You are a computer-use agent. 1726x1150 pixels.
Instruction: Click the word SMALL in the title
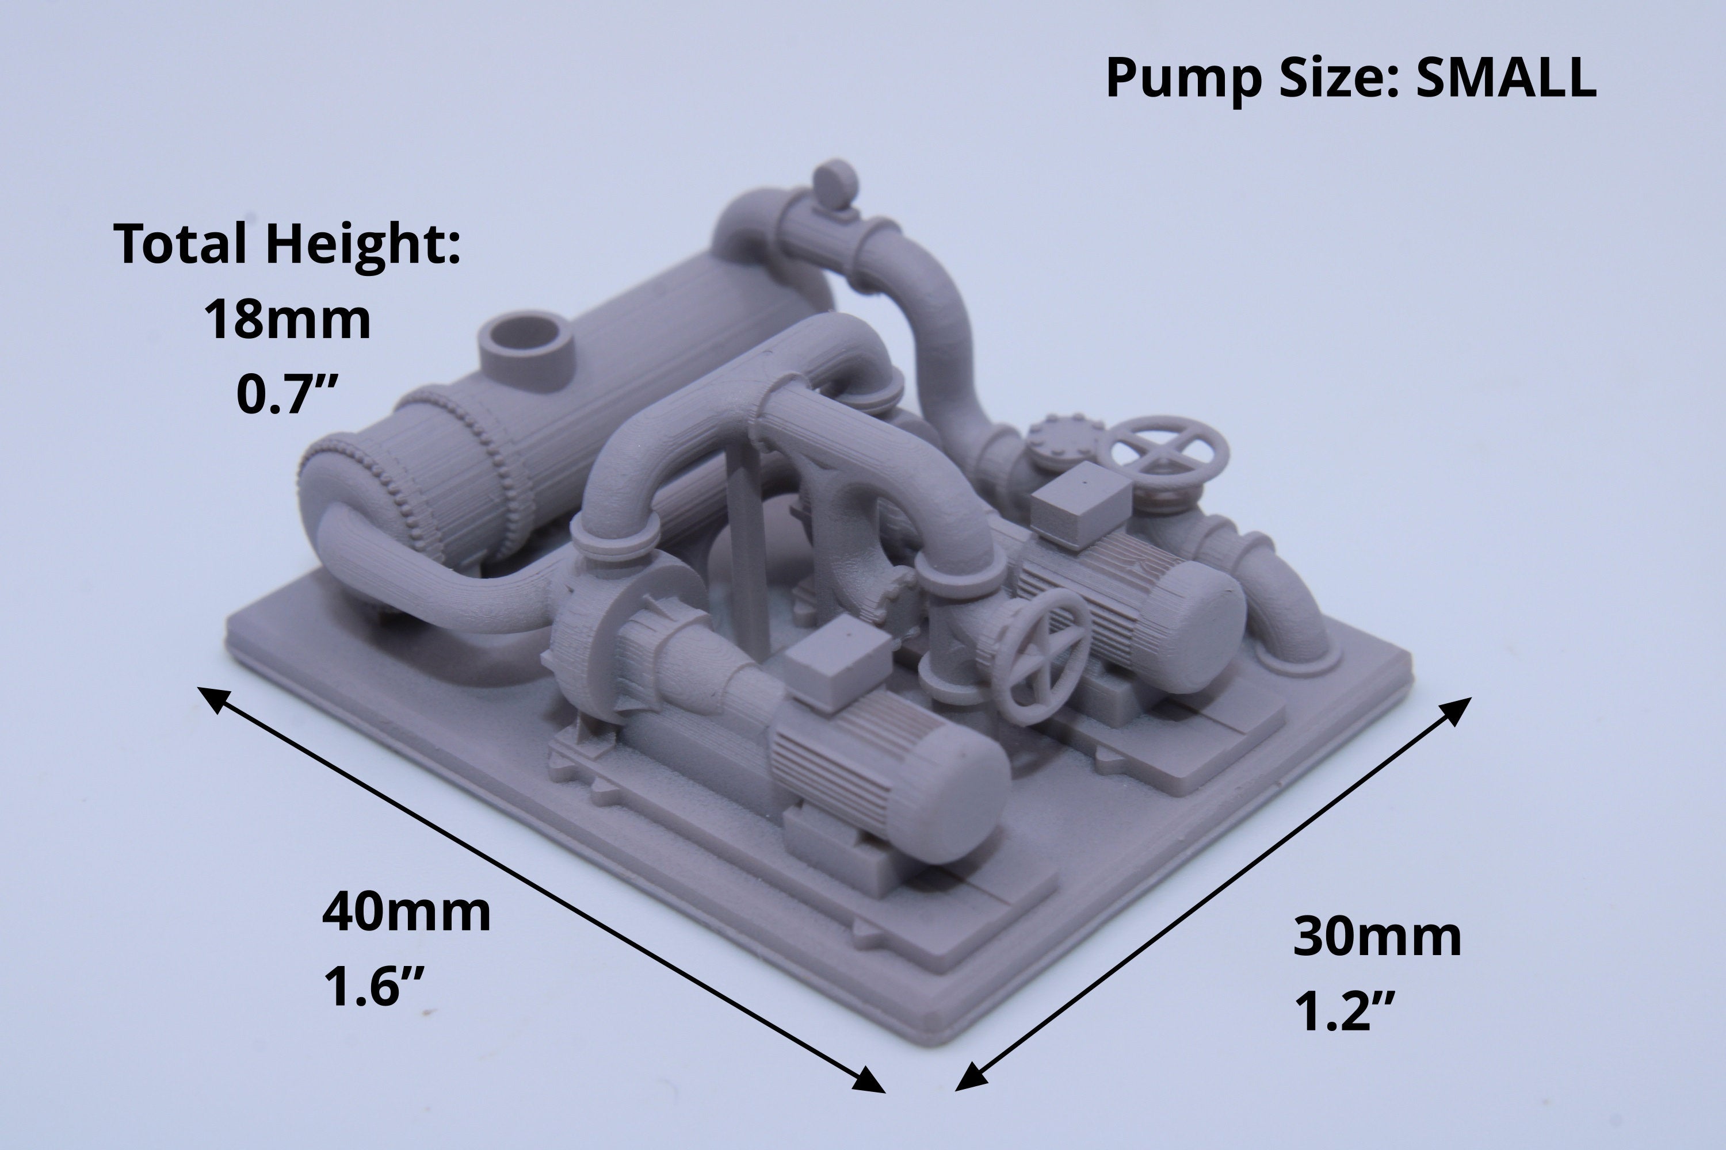coord(1506,78)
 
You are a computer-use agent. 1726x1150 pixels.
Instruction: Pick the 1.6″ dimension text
coord(375,987)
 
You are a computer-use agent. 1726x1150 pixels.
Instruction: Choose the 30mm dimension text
coord(1377,936)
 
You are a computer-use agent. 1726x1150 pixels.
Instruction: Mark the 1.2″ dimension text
coord(1345,1011)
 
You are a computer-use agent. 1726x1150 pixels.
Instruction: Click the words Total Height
coord(287,246)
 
